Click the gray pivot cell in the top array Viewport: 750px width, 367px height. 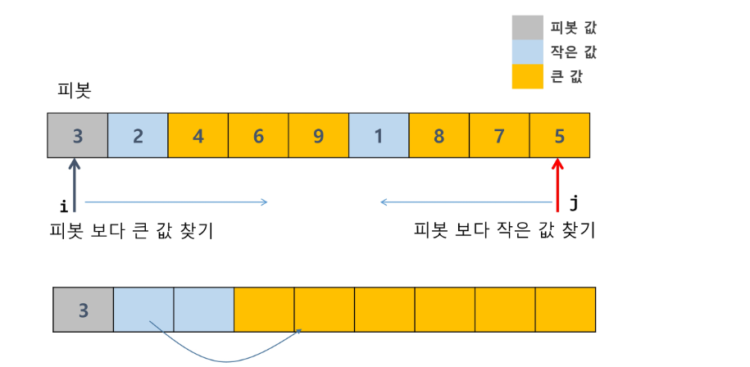pyautogui.click(x=77, y=135)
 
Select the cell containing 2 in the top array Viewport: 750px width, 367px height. pyautogui.click(x=138, y=135)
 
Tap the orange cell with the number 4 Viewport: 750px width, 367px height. pyautogui.click(x=198, y=135)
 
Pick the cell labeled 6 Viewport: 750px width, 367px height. pyautogui.click(x=258, y=135)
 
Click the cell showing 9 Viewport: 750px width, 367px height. pyautogui.click(x=319, y=135)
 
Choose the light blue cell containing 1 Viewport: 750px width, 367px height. pyautogui.click(x=379, y=135)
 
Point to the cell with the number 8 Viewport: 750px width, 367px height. pyautogui.click(x=439, y=135)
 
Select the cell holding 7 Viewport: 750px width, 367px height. pyautogui.click(x=499, y=135)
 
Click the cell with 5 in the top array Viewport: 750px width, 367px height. pyautogui.click(x=560, y=135)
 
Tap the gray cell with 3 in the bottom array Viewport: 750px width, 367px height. pyautogui.click(x=83, y=310)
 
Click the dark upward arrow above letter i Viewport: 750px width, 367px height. pyautogui.click(x=75, y=185)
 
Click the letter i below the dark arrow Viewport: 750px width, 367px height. pyautogui.click(x=63, y=207)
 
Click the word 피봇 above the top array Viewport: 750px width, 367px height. pyautogui.click(x=74, y=91)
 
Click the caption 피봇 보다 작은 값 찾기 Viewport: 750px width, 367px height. pyautogui.click(x=504, y=231)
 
